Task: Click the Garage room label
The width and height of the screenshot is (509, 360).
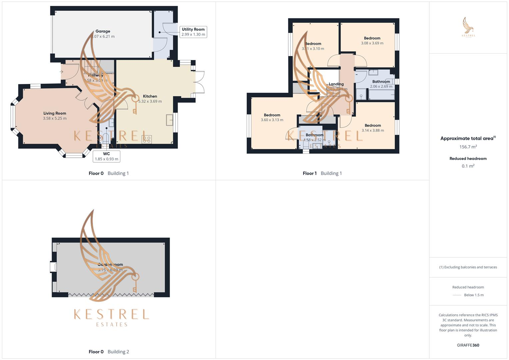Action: [x=103, y=31]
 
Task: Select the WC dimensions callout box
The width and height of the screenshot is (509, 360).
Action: [x=106, y=156]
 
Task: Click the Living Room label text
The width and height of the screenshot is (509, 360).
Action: [x=55, y=113]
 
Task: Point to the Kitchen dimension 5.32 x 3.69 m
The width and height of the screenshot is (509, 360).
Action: [x=150, y=101]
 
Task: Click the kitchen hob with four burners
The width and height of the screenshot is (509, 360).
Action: [x=147, y=139]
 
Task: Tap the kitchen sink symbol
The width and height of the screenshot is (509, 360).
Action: [x=170, y=119]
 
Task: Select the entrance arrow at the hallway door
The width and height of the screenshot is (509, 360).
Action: [x=62, y=72]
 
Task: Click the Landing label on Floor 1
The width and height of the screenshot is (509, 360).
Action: [x=336, y=84]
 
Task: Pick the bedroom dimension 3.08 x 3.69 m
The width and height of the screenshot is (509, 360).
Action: [x=372, y=43]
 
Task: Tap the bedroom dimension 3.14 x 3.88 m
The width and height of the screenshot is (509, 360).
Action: [x=373, y=130]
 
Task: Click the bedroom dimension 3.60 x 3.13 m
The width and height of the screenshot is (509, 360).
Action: [x=272, y=120]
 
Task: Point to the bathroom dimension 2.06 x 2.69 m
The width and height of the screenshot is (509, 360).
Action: [x=381, y=86]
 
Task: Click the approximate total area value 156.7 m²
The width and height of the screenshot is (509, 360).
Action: [x=468, y=147]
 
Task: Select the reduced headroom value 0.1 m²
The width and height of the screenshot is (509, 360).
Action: [x=468, y=166]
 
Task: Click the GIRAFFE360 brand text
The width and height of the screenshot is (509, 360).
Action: [x=468, y=345]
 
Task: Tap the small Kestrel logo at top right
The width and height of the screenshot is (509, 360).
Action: [x=468, y=27]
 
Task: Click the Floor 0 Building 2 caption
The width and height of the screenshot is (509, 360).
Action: [x=109, y=352]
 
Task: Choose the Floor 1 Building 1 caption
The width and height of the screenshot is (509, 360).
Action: [x=322, y=173]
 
